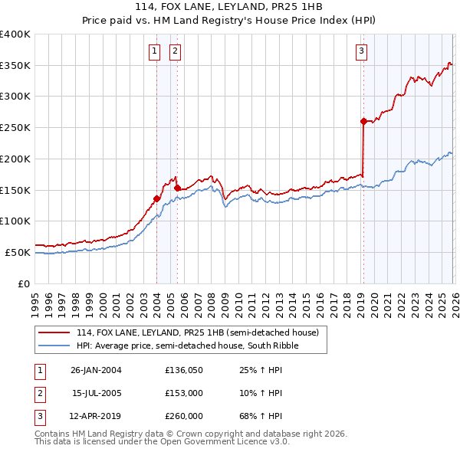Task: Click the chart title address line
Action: [x=230, y=7]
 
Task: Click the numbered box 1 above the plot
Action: [x=154, y=51]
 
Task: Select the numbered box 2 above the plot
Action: [x=175, y=51]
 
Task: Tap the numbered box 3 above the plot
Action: [x=360, y=51]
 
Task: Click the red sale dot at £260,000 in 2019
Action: [x=363, y=121]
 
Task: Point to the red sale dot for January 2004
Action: [x=156, y=198]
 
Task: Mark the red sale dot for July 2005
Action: [x=177, y=188]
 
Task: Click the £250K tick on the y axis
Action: [x=15, y=128]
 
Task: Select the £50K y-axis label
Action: [x=18, y=252]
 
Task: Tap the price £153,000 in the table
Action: [x=184, y=394]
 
